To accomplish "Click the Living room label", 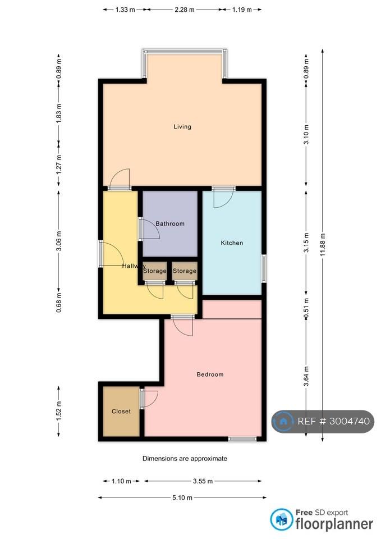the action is pos(182,126).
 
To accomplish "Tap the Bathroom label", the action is pos(169,223).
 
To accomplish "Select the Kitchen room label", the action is pos(232,243).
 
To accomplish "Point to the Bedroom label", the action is pos(210,374).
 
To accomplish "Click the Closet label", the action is pos(121,411).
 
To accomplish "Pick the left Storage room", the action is pos(155,271).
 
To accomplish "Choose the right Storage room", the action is pos(185,271).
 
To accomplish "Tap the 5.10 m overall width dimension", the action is pos(182,497).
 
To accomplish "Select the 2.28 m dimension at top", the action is pos(185,10).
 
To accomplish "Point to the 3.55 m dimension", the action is pos(203,481).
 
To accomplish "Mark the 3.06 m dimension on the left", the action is pos(59,241).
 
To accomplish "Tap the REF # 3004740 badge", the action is pos(323,422).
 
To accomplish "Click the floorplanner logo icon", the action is pos(282,519).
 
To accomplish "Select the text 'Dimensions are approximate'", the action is pos(185,458).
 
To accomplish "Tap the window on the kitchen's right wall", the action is pos(264,268).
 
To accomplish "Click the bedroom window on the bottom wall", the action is pos(242,439).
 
